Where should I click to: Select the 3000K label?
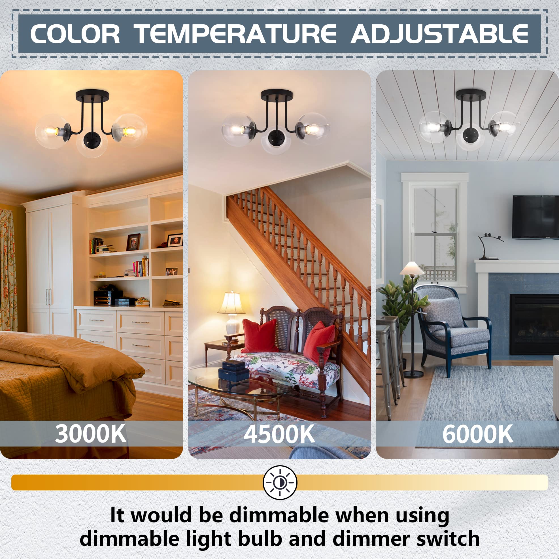pos(91,434)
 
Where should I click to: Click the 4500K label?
pos(279,434)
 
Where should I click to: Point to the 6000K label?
pos(478,434)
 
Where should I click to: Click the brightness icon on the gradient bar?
pos(280,483)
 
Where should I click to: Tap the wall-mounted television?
pos(535,217)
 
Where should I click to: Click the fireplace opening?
pos(534,324)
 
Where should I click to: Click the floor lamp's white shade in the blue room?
pos(412,268)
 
